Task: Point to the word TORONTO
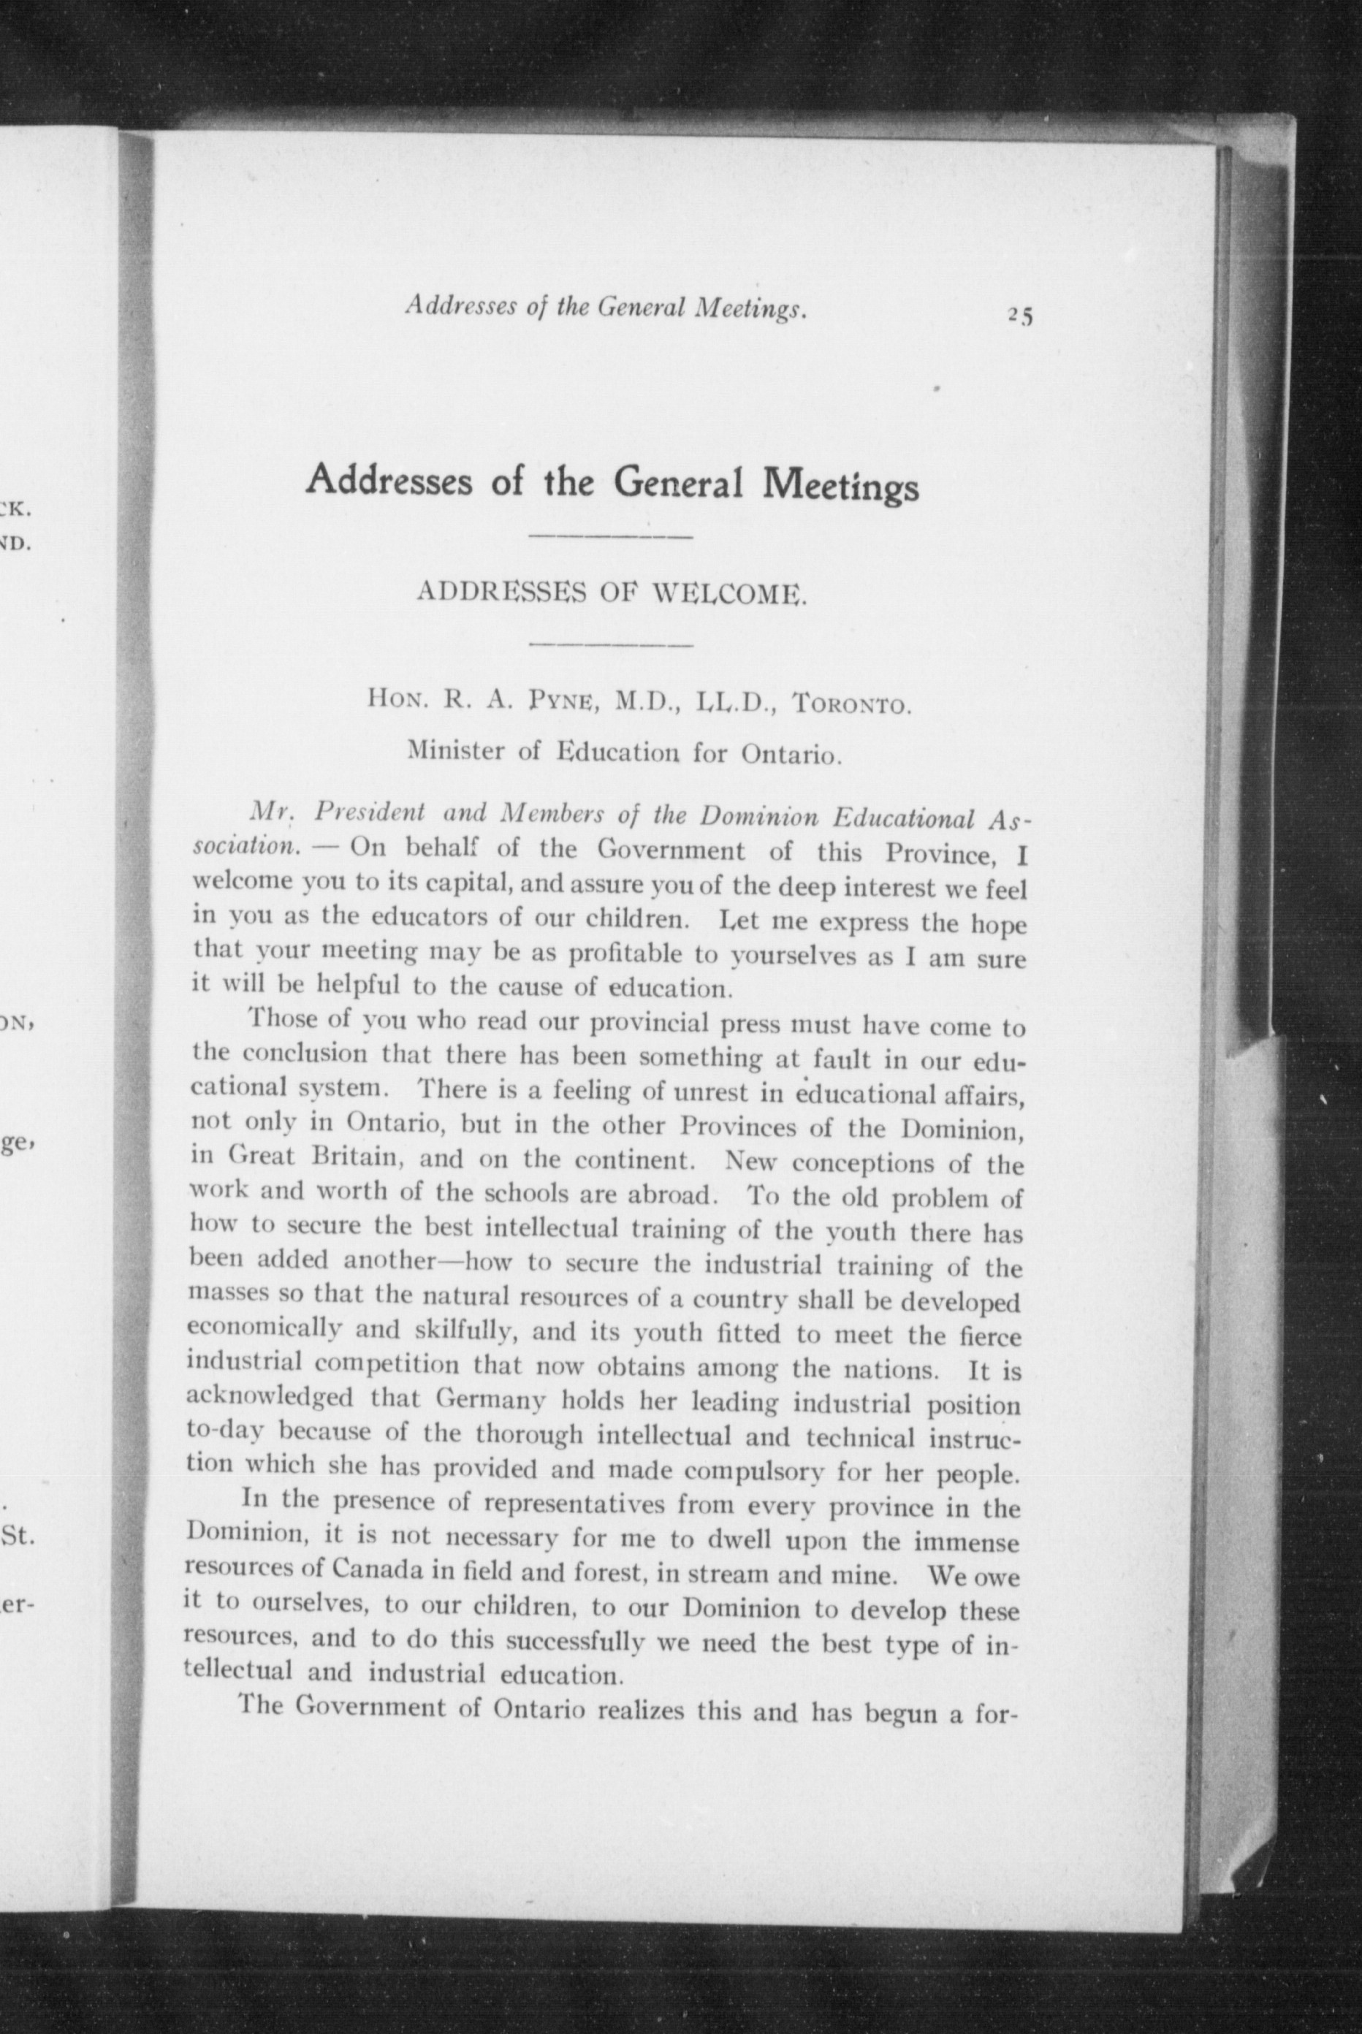850,704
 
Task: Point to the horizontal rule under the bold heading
610,538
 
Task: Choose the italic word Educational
907,819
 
